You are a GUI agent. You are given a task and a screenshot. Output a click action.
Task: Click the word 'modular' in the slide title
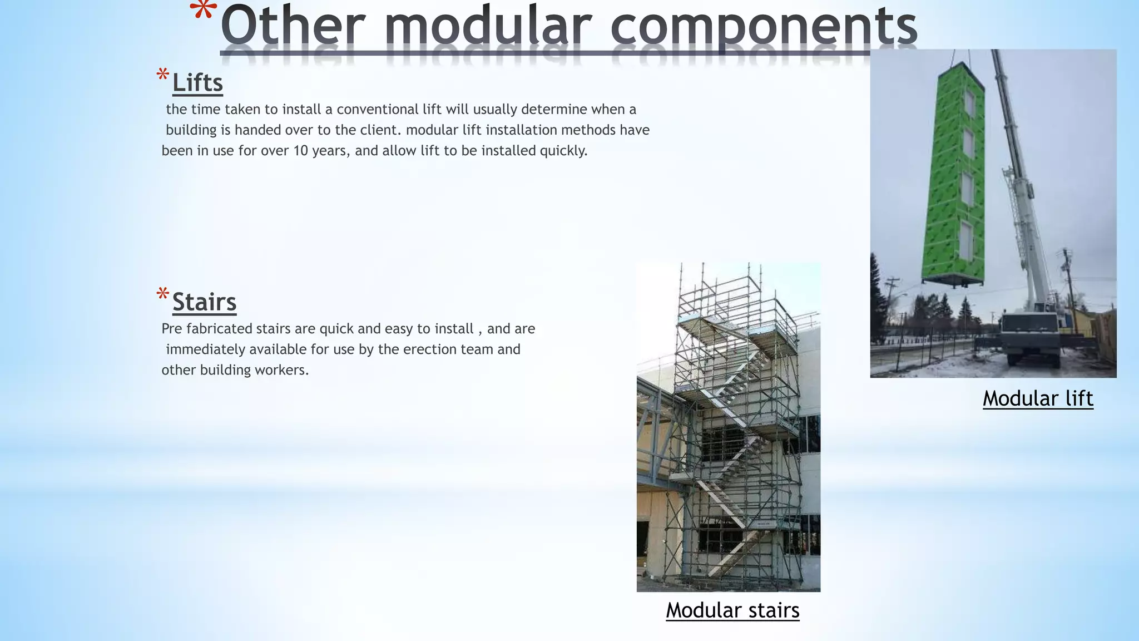point(487,27)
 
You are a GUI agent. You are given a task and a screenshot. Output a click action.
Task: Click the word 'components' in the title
point(763,27)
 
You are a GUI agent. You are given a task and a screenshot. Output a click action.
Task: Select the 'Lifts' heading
point(197,83)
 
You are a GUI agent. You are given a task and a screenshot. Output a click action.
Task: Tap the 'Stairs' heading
point(204,302)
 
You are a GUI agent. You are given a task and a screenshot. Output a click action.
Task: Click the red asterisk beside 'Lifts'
point(162,76)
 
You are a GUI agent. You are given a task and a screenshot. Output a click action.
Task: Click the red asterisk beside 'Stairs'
point(162,295)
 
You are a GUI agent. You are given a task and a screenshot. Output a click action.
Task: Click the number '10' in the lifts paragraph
point(300,151)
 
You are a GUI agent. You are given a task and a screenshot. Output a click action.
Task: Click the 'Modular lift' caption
point(1038,399)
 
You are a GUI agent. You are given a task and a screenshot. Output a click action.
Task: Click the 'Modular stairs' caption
point(732,610)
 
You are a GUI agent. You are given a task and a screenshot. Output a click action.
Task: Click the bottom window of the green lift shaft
point(966,240)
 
